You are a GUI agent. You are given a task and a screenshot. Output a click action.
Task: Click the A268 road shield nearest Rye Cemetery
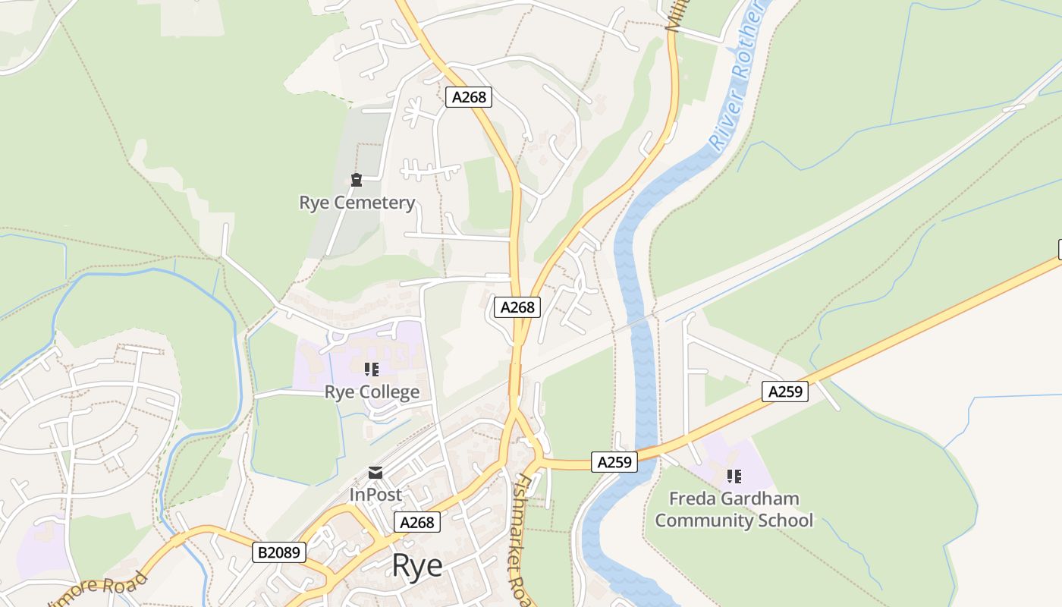click(469, 97)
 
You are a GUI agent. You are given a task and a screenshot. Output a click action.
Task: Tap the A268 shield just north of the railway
click(517, 307)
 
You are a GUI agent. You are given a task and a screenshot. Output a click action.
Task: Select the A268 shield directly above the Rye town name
click(416, 522)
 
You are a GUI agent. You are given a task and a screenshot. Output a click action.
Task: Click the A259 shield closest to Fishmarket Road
click(614, 462)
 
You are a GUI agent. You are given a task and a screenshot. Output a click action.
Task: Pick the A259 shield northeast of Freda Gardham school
click(785, 392)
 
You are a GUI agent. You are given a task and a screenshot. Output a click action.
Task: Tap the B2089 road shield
click(279, 552)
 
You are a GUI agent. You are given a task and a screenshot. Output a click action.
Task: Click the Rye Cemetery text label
click(357, 203)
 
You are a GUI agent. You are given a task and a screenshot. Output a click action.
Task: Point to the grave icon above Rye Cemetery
click(356, 180)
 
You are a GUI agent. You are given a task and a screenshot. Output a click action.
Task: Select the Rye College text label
click(372, 392)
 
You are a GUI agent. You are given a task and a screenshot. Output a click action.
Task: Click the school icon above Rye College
click(372, 370)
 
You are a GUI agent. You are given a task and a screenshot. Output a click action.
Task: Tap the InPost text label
click(375, 495)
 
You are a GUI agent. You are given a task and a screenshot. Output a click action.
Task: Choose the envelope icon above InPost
click(375, 473)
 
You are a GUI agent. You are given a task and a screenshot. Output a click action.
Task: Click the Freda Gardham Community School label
click(734, 509)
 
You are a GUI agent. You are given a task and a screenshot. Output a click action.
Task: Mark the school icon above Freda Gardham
click(734, 476)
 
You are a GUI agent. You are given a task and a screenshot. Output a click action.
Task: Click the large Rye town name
click(417, 566)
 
